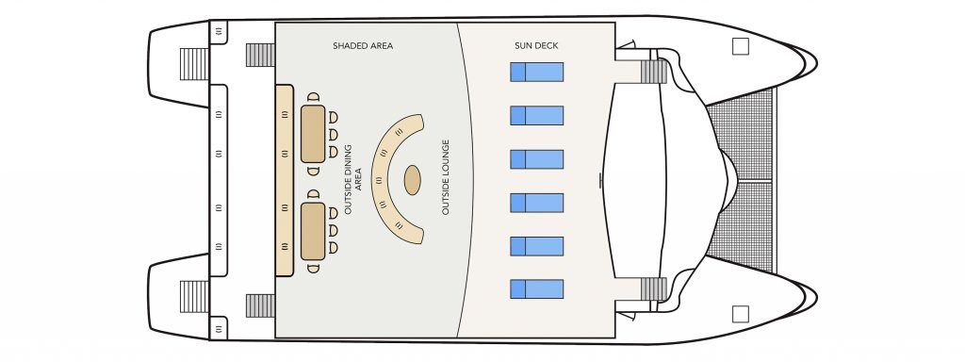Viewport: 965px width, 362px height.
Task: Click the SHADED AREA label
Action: point(363,45)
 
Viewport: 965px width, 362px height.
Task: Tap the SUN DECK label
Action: point(535,45)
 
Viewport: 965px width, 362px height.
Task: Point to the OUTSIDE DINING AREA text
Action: point(352,179)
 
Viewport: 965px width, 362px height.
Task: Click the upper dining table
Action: point(313,133)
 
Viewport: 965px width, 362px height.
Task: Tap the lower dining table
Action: point(313,231)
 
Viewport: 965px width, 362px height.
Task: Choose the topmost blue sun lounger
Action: point(536,72)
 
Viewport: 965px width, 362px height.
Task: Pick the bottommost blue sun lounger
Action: point(536,288)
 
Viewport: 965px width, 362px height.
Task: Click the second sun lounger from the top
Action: point(536,115)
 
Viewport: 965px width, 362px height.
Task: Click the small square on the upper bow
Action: point(740,45)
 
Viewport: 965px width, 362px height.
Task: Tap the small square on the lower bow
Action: point(740,313)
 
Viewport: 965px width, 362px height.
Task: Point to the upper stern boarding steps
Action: point(194,64)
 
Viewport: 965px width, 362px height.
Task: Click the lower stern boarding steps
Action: point(194,296)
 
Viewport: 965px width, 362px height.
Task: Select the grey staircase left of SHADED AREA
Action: point(260,55)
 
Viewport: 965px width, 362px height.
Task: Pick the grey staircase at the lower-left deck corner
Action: point(260,305)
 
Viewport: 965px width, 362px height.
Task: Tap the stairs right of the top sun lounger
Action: point(653,71)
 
